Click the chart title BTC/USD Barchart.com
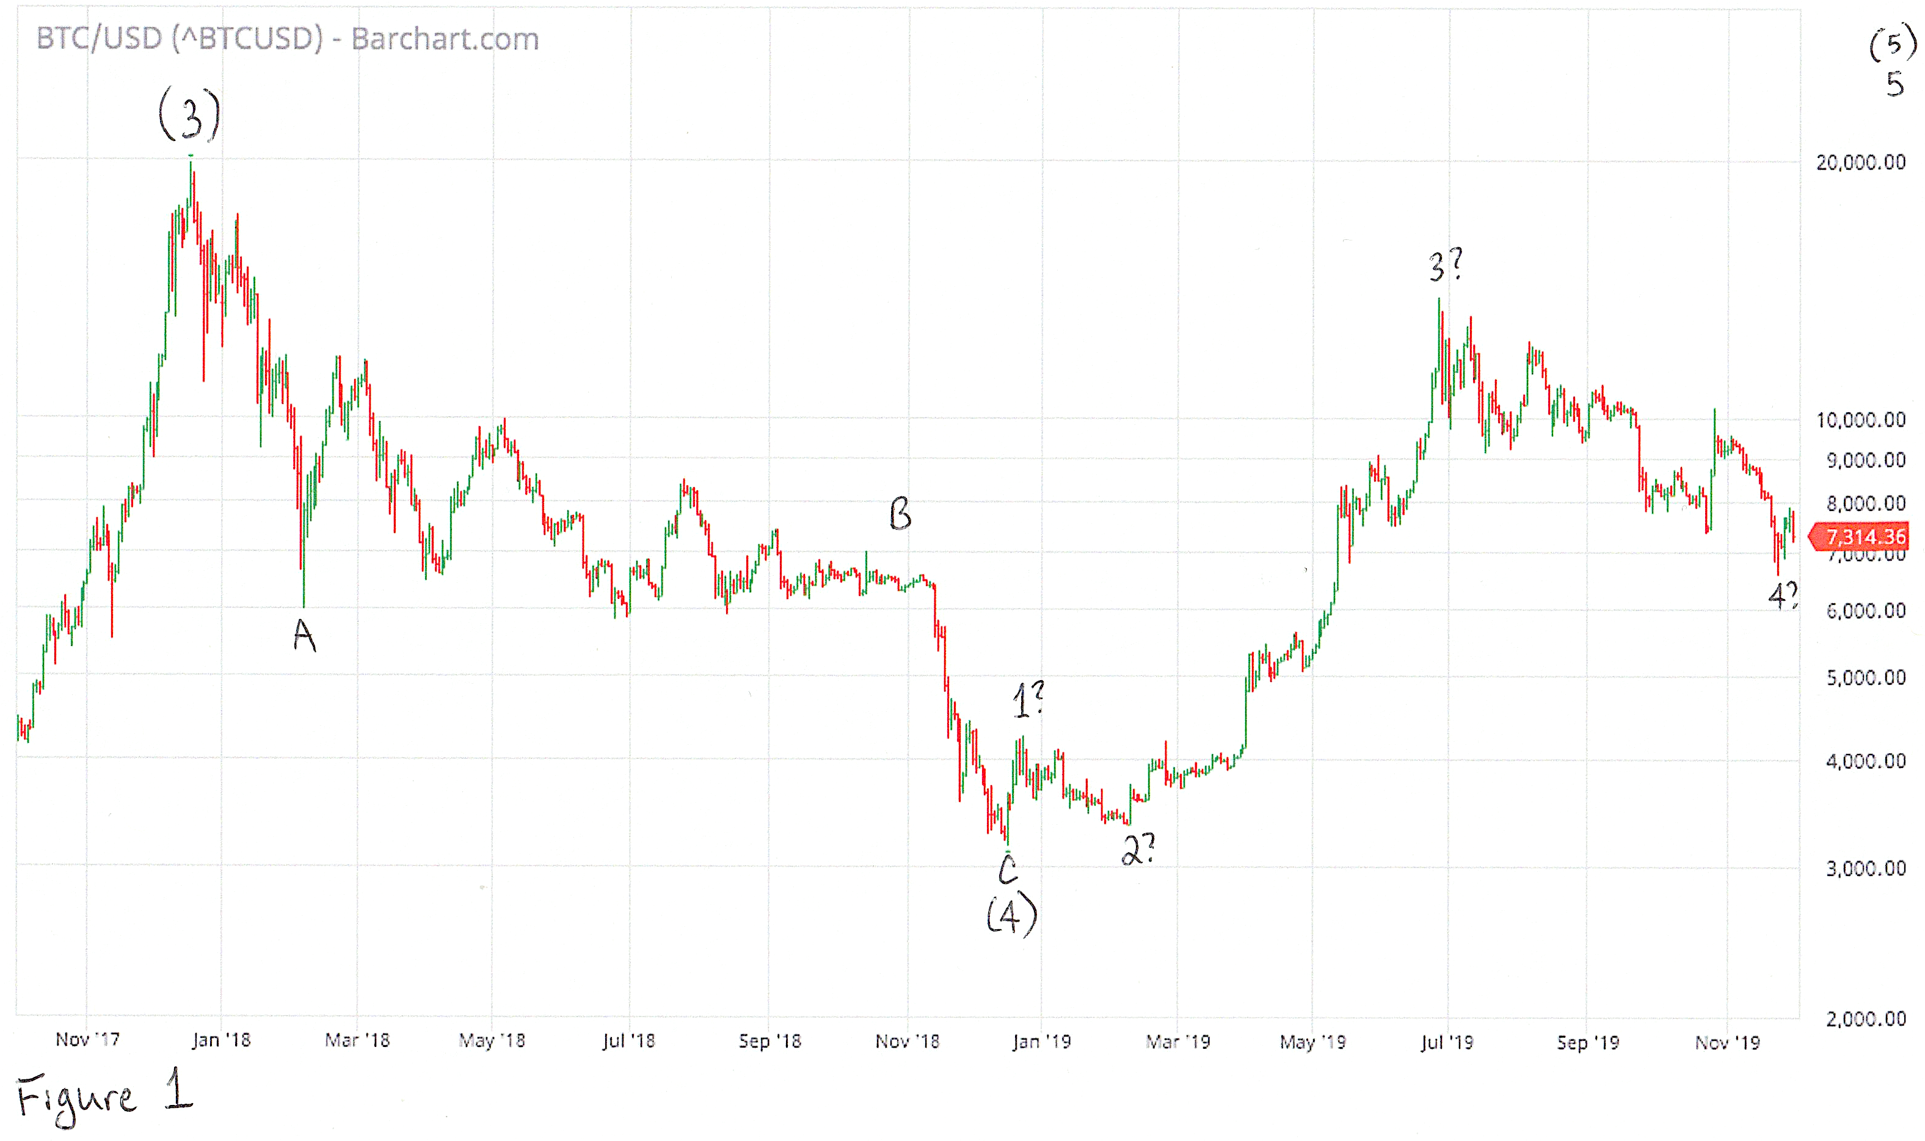[288, 38]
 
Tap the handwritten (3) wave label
[189, 115]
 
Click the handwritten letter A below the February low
[305, 636]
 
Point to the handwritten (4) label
[1011, 916]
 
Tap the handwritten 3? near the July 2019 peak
[1446, 266]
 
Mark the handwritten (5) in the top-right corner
[1893, 45]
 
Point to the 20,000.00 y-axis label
[1860, 162]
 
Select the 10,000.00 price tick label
[1860, 420]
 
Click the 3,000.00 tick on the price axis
[1865, 869]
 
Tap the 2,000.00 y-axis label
[1865, 1019]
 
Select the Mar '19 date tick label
[1177, 1042]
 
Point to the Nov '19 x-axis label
[1727, 1043]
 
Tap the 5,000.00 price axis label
[1865, 678]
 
